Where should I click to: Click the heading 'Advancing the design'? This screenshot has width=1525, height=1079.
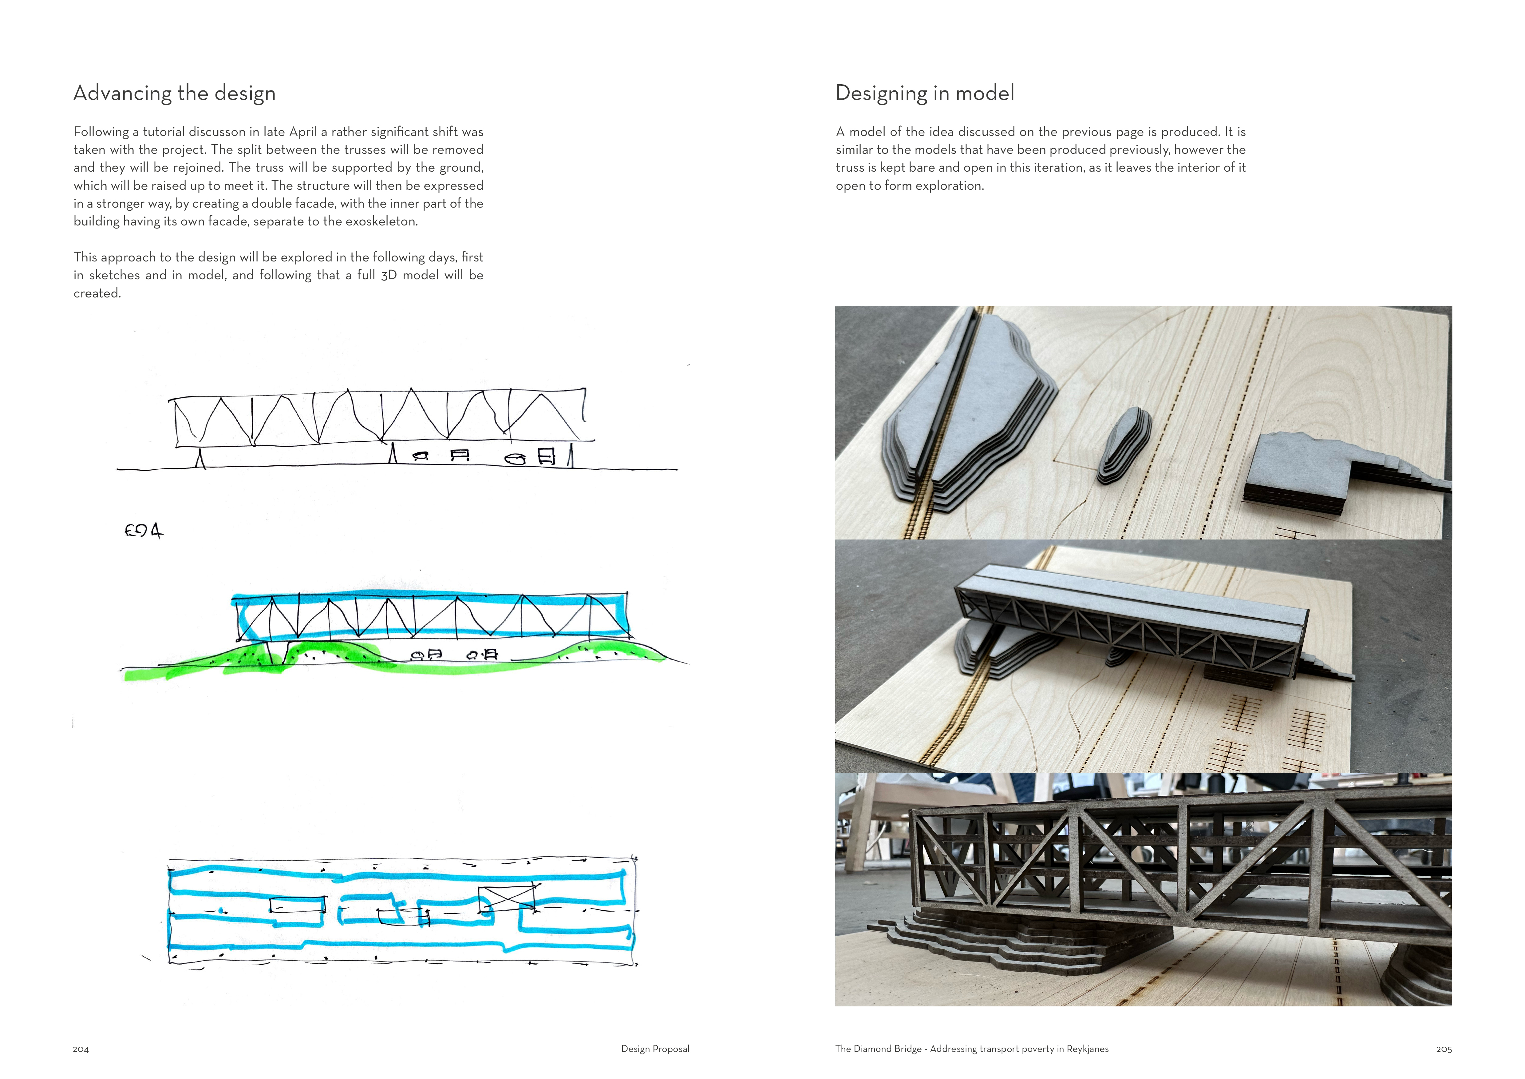(174, 93)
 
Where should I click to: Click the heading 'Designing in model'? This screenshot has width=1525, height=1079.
(925, 93)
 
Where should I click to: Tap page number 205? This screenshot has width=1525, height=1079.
(1443, 1049)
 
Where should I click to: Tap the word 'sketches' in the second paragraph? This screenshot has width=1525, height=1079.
(114, 275)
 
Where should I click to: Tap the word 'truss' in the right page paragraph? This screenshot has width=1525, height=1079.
(850, 167)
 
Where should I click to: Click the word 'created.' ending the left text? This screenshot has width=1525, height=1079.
(97, 293)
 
